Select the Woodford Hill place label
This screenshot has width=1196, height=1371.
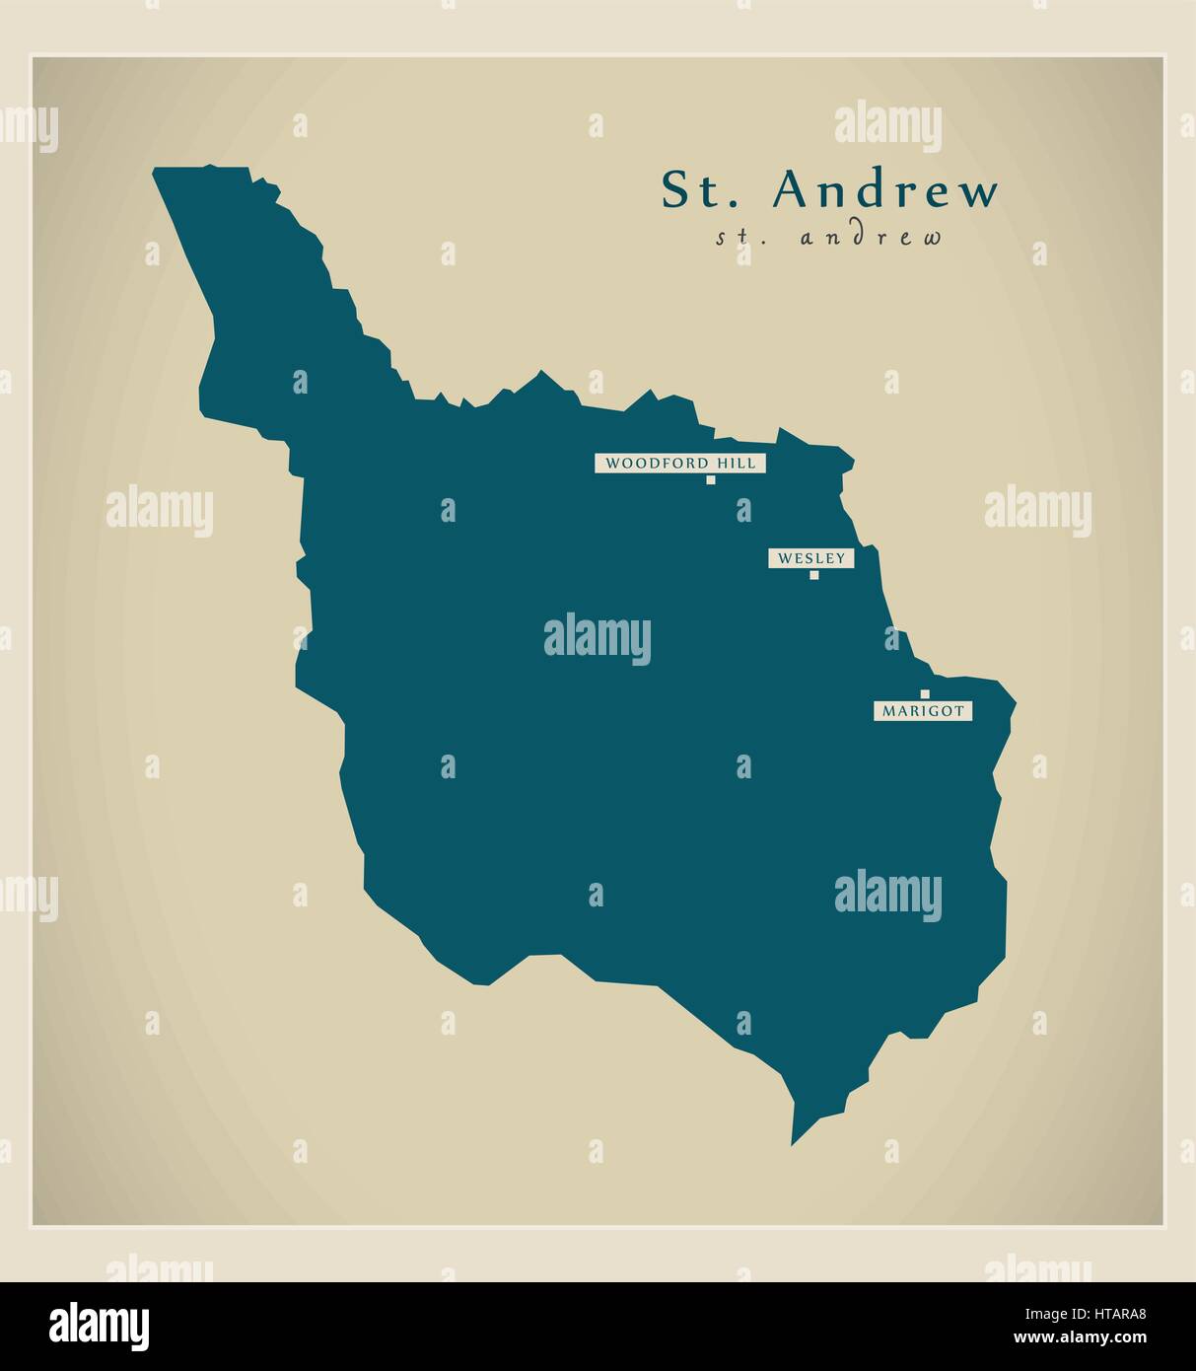679,463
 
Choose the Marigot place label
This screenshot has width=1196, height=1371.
923,710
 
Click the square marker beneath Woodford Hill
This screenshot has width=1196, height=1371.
710,480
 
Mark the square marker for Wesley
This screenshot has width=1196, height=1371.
814,575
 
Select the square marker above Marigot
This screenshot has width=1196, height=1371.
925,693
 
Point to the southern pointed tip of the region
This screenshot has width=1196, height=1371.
793,1142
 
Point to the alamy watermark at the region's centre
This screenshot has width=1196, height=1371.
597,638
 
